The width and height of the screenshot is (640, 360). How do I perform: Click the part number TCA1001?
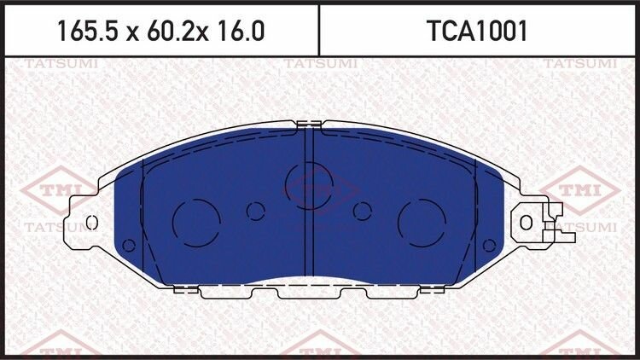[477, 32]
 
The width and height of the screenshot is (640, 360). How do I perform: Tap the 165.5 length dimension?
[88, 32]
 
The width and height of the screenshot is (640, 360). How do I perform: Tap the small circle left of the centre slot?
[256, 211]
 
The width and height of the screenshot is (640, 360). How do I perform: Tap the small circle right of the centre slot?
[363, 211]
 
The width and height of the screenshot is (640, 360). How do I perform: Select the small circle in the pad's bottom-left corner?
[129, 246]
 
